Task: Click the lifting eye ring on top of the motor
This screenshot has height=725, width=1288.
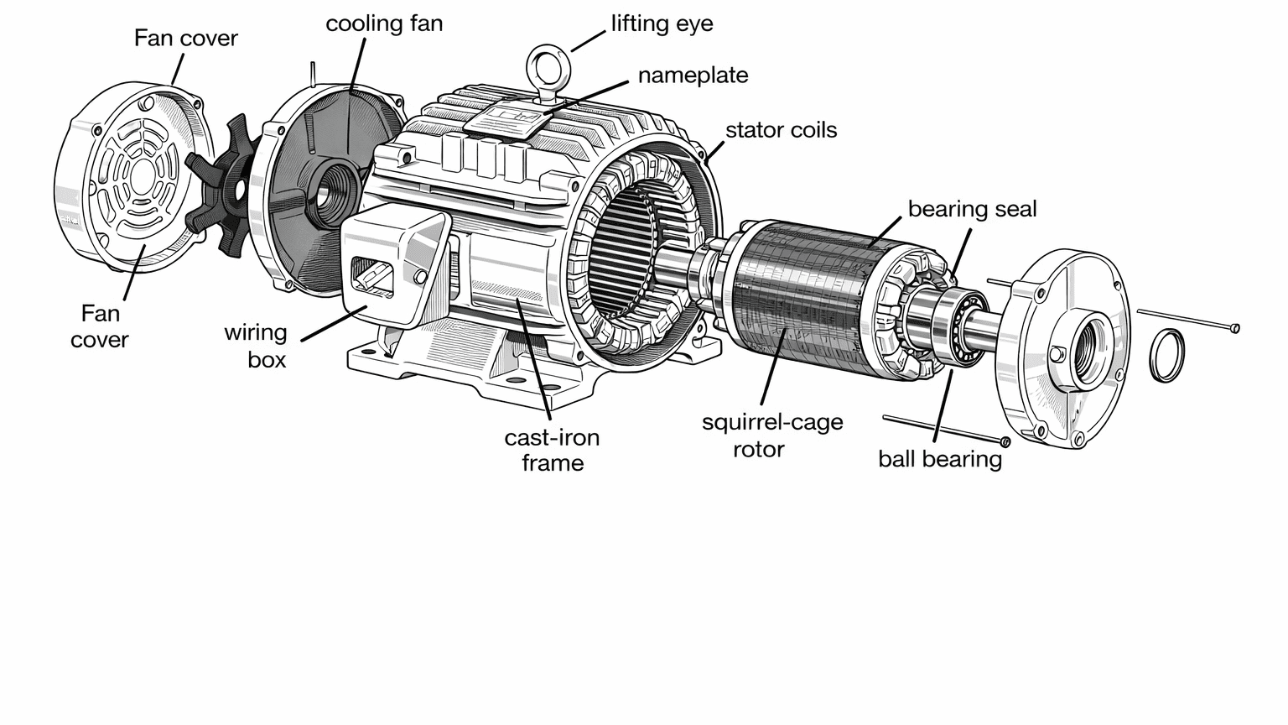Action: pos(548,64)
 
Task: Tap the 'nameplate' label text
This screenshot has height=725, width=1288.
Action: pos(693,76)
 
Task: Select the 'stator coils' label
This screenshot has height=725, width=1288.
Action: pos(781,130)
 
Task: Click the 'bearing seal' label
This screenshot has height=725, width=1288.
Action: pos(972,209)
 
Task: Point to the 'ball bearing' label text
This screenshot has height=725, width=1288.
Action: pos(939,459)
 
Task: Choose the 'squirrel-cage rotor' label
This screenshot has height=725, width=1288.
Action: pos(771,435)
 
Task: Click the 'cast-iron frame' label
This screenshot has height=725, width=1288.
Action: pos(552,450)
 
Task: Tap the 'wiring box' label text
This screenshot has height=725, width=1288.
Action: pos(256,346)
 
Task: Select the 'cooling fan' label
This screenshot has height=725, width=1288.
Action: pos(384,23)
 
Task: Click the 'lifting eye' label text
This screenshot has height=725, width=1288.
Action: pos(662,23)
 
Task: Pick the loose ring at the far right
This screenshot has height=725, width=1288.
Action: pos(1166,355)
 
